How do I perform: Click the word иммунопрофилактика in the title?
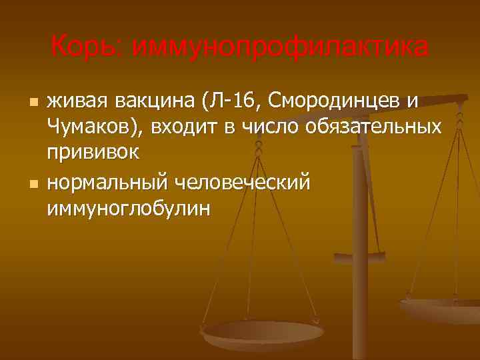coord(280,47)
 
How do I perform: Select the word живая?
coord(77,102)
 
